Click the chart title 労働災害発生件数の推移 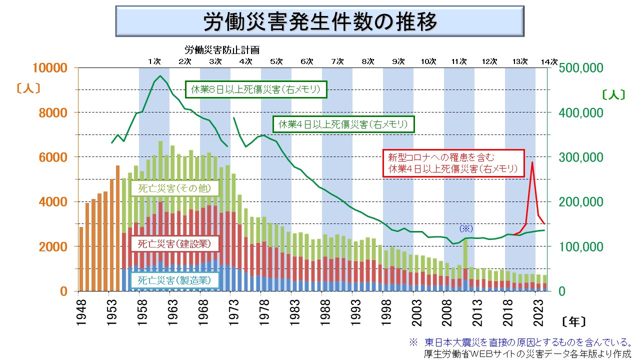pyautogui.click(x=320, y=22)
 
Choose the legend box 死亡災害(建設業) pyautogui.click(x=174, y=243)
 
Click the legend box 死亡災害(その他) pyautogui.click(x=174, y=188)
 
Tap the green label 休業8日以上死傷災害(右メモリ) pyautogui.click(x=255, y=90)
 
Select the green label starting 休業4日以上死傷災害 pyautogui.click(x=343, y=123)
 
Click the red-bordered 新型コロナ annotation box pyautogui.click(x=453, y=163)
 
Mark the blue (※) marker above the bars pyautogui.click(x=466, y=228)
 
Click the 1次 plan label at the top pyautogui.click(x=154, y=61)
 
